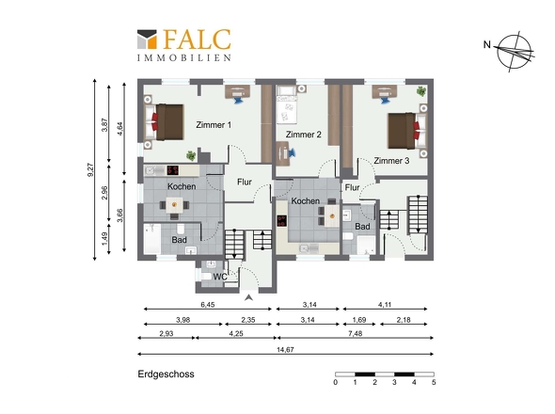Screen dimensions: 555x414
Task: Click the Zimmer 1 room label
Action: tap(214, 125)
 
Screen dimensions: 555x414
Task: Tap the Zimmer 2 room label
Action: tap(303, 135)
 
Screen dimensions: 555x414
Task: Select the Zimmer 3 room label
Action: tap(391, 161)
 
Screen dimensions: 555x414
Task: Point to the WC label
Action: tap(220, 277)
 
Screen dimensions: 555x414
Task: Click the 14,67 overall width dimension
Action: tap(285, 349)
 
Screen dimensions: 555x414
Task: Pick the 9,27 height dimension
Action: tap(90, 169)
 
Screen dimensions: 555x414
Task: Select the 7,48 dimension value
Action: tap(355, 333)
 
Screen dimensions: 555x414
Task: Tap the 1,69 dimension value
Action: tap(359, 320)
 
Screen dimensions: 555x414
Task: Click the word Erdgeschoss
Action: tap(166, 374)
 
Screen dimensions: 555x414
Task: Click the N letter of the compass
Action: tap(487, 44)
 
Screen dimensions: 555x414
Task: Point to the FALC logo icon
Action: tap(147, 39)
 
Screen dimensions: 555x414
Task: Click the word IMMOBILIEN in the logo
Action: tap(184, 57)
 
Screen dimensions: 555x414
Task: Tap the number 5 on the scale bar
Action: tap(434, 383)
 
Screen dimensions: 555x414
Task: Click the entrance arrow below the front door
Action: tap(249, 297)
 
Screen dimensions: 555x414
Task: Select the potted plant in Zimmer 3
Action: tap(421, 91)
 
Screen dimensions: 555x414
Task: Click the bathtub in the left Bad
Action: tap(152, 239)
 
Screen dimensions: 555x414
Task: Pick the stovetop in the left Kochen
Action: tap(173, 170)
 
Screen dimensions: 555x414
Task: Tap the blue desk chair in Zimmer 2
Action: tap(293, 153)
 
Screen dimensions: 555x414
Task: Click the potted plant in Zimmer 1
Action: tap(191, 155)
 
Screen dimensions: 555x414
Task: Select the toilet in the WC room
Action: tap(205, 276)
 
